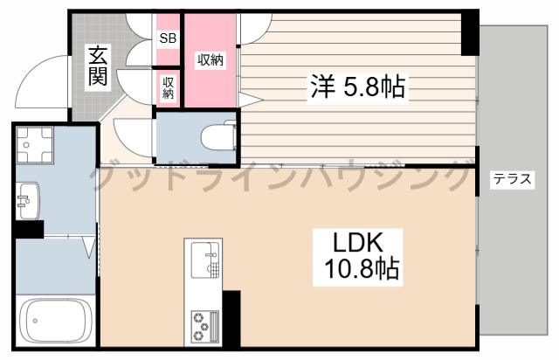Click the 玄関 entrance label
pos(98,66)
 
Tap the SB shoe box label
pos(168,38)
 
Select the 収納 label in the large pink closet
pos(210,59)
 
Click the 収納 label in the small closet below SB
pos(168,87)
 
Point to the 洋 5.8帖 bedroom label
pos(357,87)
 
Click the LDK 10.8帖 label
pos(358,256)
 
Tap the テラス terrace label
pos(512,178)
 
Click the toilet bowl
pos(217,136)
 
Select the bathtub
pos(54,321)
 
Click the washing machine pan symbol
pos(35,144)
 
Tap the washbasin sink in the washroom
pos(28,200)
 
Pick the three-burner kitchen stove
pos(205,327)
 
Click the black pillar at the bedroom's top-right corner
pos(470,33)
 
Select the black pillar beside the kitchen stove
pos(231,318)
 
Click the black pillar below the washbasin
pos(29,229)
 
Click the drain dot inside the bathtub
pos(35,321)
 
